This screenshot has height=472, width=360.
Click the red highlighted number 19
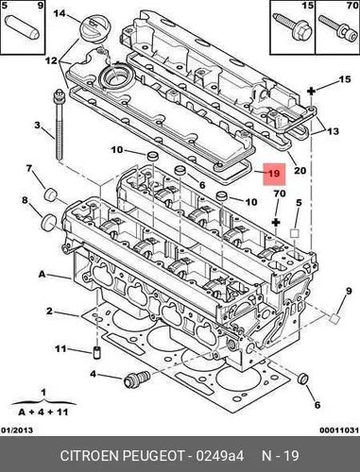point(274,174)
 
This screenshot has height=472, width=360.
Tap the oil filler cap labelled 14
point(92,29)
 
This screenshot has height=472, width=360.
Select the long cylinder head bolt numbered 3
point(59,125)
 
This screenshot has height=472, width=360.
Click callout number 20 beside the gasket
point(300,171)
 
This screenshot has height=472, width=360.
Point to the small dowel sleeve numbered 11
point(97,352)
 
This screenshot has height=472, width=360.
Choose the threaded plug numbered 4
point(137,379)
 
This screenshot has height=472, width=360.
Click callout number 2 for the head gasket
point(49,312)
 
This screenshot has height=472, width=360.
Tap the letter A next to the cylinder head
point(43,275)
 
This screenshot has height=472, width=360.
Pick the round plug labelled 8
point(49,222)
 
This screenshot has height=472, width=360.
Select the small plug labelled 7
point(50,194)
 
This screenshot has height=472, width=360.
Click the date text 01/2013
point(18,430)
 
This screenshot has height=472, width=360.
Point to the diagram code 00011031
point(339,430)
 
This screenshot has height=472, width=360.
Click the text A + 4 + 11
point(43,412)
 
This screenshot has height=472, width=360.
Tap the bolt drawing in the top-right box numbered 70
point(336,28)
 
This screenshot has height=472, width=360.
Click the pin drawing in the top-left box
point(23,25)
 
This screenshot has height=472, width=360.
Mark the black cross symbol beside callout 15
point(311,92)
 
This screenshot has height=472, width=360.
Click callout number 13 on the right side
point(333,131)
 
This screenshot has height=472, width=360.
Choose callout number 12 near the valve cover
point(51,60)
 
